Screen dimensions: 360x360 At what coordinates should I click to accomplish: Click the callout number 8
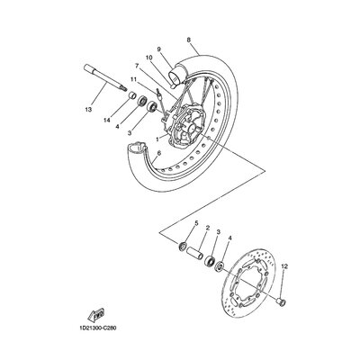click(x=188, y=40)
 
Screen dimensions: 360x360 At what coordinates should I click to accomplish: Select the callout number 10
click(x=149, y=58)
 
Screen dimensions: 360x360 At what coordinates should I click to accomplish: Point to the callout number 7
click(x=137, y=66)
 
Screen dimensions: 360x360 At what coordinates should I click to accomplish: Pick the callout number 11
click(x=133, y=79)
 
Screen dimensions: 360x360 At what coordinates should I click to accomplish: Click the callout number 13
click(x=88, y=110)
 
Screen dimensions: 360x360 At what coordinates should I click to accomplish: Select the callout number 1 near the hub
click(x=157, y=139)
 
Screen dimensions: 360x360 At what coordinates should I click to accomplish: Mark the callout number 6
click(x=158, y=153)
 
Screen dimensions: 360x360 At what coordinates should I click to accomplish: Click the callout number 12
click(x=284, y=266)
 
